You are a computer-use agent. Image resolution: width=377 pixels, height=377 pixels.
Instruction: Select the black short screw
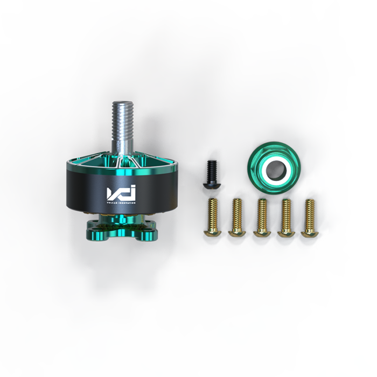(x=210, y=173)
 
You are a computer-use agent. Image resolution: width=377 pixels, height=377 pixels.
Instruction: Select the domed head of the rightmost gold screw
(x=309, y=232)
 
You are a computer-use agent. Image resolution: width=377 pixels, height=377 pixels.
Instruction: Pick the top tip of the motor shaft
(x=124, y=103)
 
